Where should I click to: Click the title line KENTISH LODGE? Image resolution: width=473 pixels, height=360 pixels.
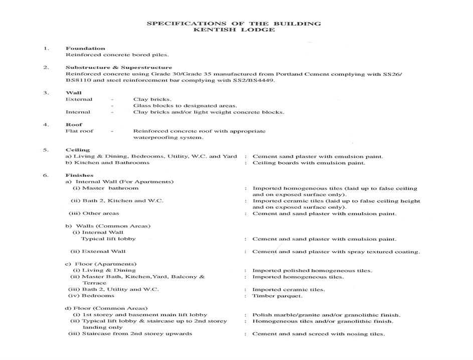click(x=234, y=30)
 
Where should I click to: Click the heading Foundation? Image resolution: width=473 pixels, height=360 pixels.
click(x=85, y=48)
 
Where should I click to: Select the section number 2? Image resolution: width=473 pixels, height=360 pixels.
click(x=46, y=67)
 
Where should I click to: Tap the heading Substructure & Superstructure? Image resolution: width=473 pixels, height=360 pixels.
click(x=119, y=67)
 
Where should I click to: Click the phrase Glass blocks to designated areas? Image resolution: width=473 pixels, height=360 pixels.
click(x=184, y=105)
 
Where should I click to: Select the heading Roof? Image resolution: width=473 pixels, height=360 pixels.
click(x=74, y=125)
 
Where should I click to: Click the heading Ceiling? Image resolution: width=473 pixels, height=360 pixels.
click(x=78, y=150)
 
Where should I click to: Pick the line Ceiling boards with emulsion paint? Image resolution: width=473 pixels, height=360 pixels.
click(x=308, y=163)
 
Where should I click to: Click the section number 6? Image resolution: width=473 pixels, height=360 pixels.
click(x=46, y=175)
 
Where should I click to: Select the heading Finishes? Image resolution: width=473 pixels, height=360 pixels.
click(x=79, y=175)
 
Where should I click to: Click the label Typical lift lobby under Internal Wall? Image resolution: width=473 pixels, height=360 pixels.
click(x=108, y=239)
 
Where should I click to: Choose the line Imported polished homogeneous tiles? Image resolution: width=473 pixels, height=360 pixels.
click(x=311, y=271)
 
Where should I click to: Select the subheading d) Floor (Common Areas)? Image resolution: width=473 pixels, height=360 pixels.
click(x=106, y=308)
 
